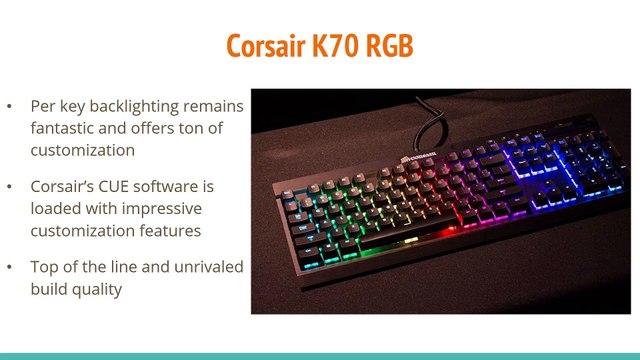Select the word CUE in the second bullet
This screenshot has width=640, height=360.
tap(112, 187)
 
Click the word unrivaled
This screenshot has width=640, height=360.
tap(199, 269)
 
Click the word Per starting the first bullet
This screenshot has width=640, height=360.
tap(43, 106)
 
